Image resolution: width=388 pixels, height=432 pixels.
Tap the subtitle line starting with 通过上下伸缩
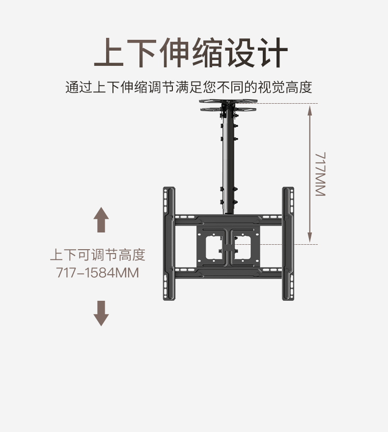coord(189,88)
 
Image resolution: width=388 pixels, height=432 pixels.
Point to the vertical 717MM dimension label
coord(320,174)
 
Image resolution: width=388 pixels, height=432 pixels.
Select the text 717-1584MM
coord(98,272)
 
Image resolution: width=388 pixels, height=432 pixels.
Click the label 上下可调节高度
coord(98,256)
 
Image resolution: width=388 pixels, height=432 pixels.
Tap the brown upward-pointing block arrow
coord(101,220)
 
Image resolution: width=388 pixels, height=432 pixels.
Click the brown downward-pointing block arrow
coord(101,313)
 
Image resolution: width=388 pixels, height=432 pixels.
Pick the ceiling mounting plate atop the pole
coord(229,105)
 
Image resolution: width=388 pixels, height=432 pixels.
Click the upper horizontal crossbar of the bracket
coord(228,219)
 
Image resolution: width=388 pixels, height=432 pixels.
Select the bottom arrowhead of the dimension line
coord(310,239)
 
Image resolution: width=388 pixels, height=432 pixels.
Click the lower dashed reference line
coord(280,244)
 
